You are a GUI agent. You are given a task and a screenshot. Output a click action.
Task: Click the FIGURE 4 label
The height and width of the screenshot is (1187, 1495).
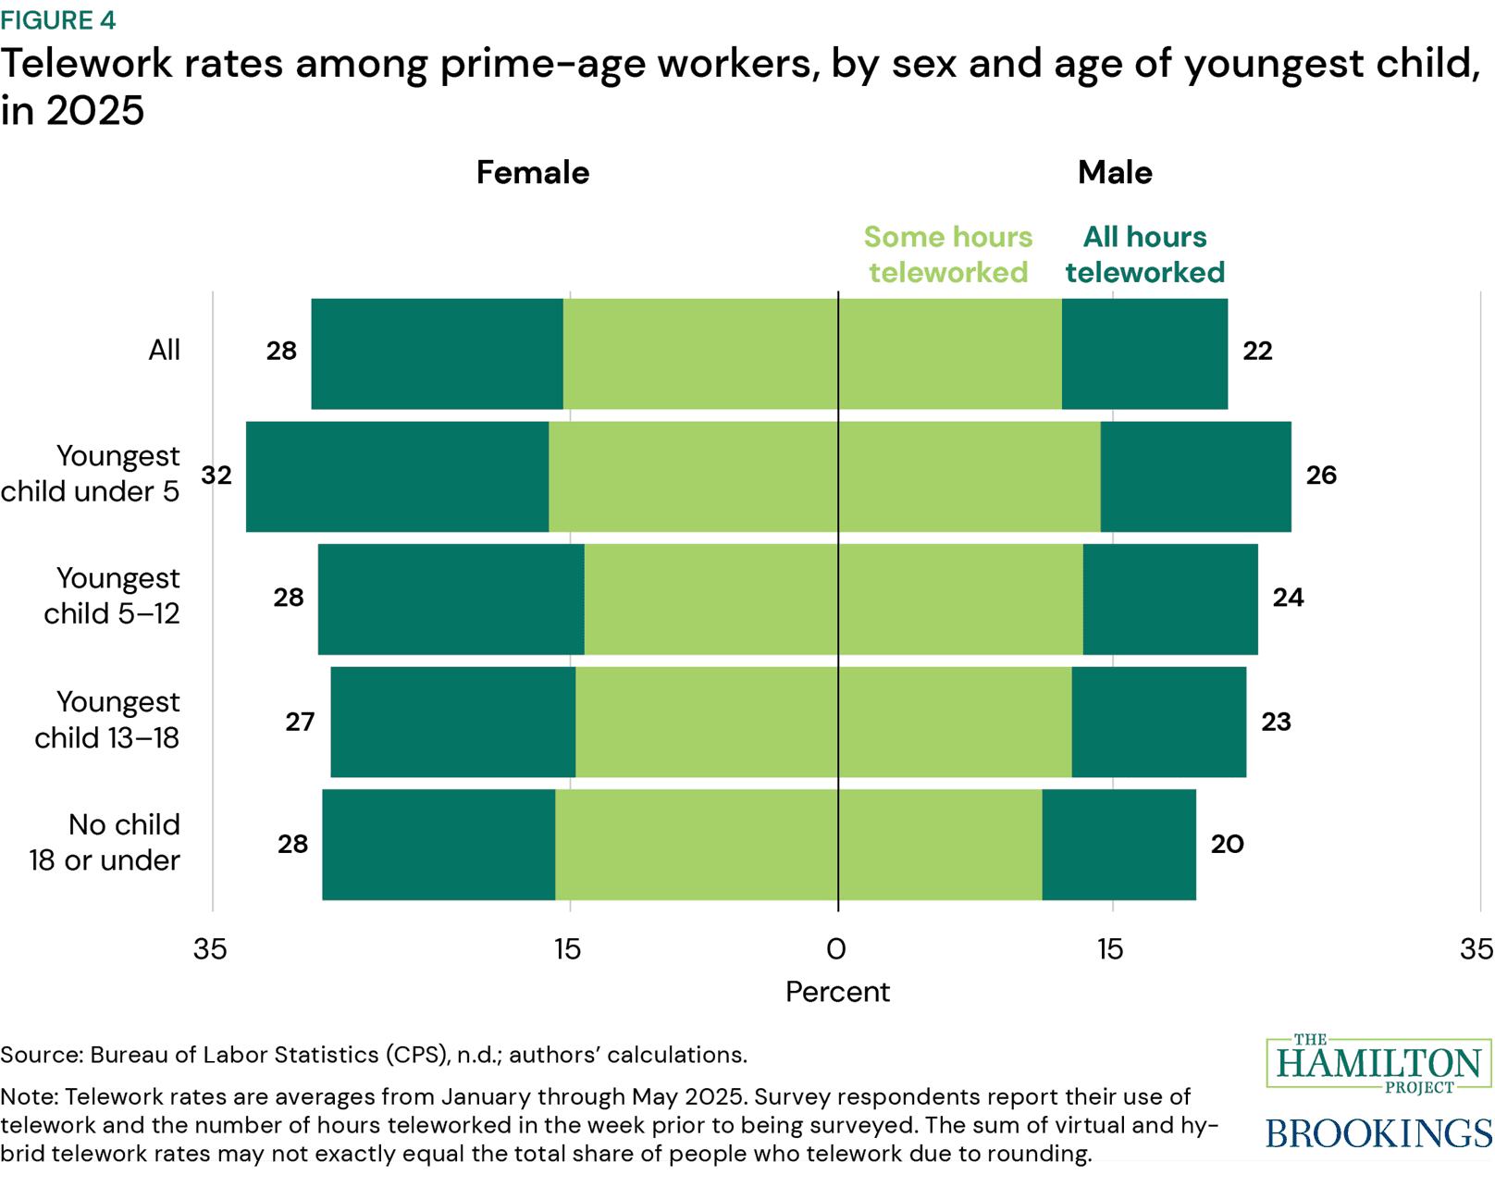pos(58,20)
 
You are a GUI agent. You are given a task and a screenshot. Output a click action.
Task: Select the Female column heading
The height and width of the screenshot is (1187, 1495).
pos(532,173)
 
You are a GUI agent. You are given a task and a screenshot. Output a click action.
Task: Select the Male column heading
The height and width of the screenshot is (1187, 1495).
pos(1115,173)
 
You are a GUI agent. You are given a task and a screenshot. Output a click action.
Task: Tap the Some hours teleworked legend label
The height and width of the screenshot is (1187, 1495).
pos(948,254)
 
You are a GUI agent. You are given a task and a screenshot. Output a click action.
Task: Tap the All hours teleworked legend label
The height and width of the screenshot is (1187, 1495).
pos(1144,254)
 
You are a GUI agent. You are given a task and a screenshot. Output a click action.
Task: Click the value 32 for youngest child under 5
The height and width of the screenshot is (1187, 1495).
pos(216,475)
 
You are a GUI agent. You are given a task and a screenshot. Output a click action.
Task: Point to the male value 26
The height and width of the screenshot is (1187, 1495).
pos(1321,475)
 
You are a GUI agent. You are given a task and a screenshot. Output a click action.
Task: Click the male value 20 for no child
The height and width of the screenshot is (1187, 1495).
pos(1227,844)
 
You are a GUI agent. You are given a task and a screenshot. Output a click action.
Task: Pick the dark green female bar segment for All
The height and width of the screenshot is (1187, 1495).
pos(437,353)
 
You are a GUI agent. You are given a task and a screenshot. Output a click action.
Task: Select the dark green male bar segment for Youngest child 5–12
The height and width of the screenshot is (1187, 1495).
pos(1170,599)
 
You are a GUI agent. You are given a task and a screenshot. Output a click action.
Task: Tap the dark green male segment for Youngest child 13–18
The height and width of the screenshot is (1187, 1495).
pos(1158,722)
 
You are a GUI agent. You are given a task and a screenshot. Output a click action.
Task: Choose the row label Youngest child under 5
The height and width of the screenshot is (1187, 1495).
pos(91,474)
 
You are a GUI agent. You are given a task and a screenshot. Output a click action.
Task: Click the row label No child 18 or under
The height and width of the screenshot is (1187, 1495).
pos(105,842)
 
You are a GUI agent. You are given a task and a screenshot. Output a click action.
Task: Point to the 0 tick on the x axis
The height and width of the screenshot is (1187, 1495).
pos(836,949)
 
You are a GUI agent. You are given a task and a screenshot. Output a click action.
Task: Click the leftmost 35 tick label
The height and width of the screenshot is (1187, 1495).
pos(210,949)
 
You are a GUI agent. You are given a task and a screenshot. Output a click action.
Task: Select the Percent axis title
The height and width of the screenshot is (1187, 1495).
pos(837,992)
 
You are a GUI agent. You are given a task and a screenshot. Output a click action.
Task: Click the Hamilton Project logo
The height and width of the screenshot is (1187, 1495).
pos(1378,1064)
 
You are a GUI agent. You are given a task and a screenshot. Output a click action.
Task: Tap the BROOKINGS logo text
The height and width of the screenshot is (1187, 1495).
pos(1378,1133)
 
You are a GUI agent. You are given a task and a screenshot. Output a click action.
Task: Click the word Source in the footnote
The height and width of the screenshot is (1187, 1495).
pos(41,1056)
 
